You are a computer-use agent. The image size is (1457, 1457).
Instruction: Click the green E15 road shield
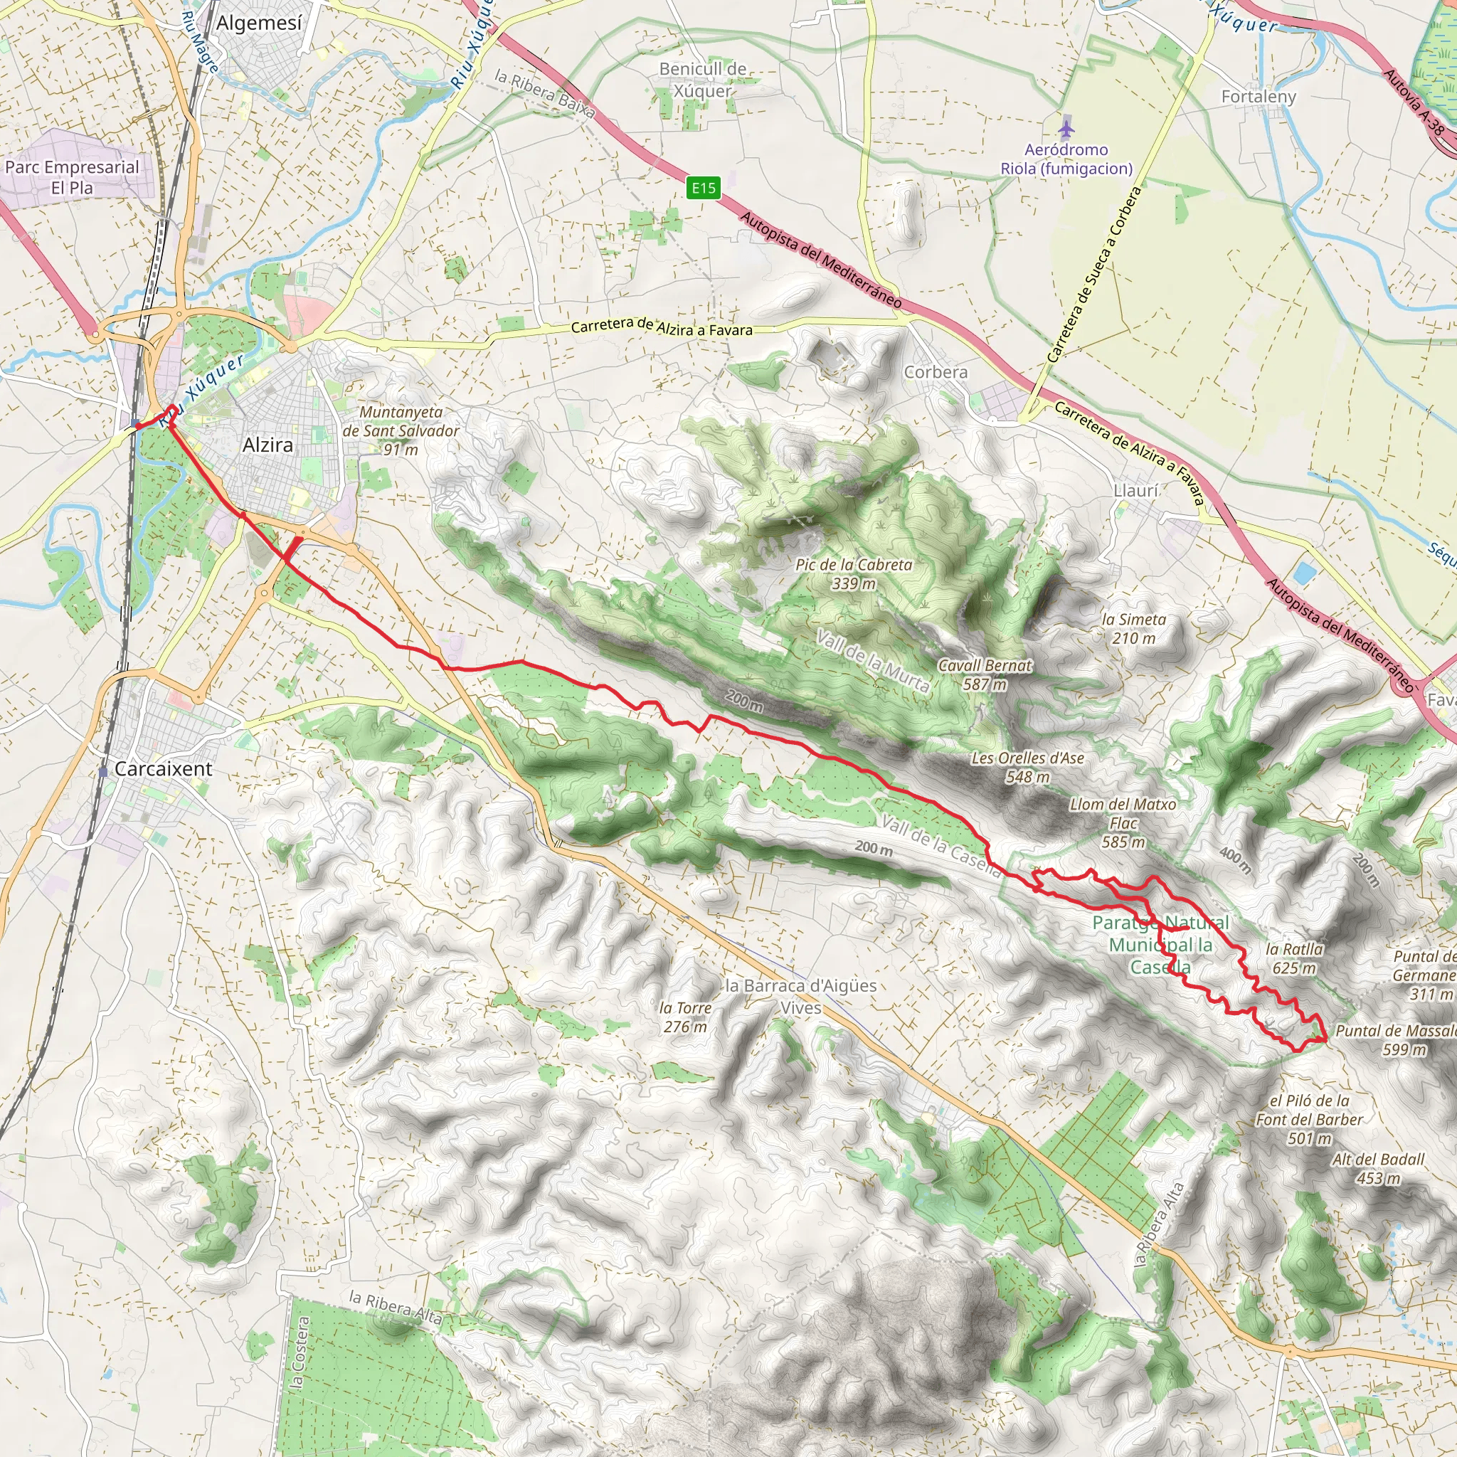[x=703, y=188]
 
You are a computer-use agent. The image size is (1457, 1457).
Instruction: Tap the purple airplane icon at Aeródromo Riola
[x=1065, y=128]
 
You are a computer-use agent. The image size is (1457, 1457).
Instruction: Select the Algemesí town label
[x=259, y=23]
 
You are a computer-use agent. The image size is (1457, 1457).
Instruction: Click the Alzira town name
[x=267, y=445]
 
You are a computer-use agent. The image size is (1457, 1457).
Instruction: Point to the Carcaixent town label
[x=164, y=769]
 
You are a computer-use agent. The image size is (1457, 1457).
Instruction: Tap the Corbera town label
[x=935, y=373]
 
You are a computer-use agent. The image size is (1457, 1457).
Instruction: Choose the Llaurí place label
[x=1135, y=491]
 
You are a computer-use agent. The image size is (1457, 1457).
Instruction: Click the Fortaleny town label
[x=1259, y=97]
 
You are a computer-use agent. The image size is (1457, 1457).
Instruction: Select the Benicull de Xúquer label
[x=702, y=80]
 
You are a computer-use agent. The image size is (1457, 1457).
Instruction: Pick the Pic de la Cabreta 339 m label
[x=854, y=574]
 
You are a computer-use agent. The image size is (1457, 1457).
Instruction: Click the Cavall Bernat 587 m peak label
[x=984, y=674]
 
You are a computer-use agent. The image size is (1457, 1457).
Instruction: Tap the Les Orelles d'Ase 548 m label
[x=1027, y=767]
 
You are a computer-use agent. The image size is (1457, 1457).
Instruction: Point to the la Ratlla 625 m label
[x=1294, y=958]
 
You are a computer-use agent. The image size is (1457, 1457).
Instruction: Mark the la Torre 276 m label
[x=685, y=1017]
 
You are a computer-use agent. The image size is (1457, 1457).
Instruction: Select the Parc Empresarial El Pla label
[x=73, y=177]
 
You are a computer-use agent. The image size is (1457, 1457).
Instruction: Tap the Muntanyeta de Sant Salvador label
[x=401, y=430]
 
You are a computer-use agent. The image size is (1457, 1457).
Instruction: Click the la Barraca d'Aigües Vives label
[x=800, y=996]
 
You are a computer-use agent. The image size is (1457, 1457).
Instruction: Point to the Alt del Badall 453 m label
[x=1378, y=1168]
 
